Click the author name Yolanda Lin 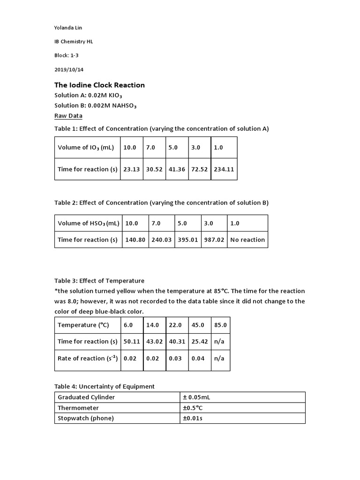tap(68, 28)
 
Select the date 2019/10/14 tap(69, 69)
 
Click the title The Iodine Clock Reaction tap(99, 85)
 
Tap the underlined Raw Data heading tap(68, 116)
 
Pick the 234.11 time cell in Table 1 tap(224, 169)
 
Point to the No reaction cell tap(247, 240)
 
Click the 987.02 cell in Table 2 tap(214, 240)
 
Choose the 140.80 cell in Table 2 tap(135, 240)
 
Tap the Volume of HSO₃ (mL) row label tap(88, 223)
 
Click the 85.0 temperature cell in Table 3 tap(220, 325)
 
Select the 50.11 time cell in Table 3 tap(132, 341)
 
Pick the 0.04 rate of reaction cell tap(198, 358)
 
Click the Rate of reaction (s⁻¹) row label tap(87, 358)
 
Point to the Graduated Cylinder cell tap(86, 397)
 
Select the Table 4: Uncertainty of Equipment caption tap(104, 386)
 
